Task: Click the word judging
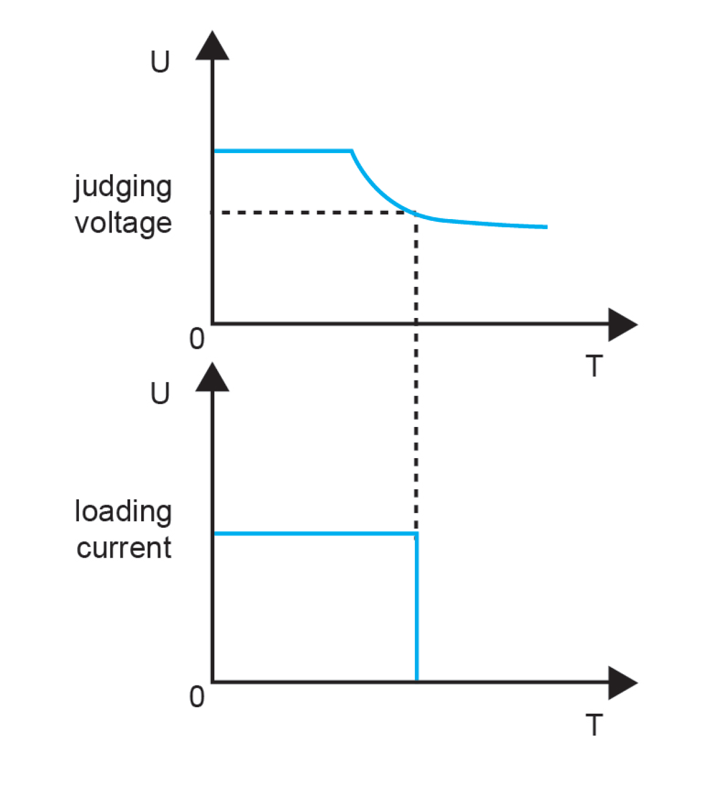point(123,188)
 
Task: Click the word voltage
point(123,224)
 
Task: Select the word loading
point(123,512)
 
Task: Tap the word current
point(124,548)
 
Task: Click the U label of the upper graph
point(160,62)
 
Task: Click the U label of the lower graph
point(160,393)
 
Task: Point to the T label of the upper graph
point(594,366)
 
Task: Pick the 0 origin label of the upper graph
point(197,339)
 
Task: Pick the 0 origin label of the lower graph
point(197,697)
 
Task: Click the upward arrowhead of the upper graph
point(212,47)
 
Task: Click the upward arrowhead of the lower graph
point(212,377)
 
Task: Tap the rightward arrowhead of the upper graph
point(622,324)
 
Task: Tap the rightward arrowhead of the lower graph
point(622,683)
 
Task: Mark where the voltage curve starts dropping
point(352,152)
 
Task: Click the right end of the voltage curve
point(546,227)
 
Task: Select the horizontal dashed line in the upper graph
point(312,212)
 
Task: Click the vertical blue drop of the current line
point(417,607)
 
